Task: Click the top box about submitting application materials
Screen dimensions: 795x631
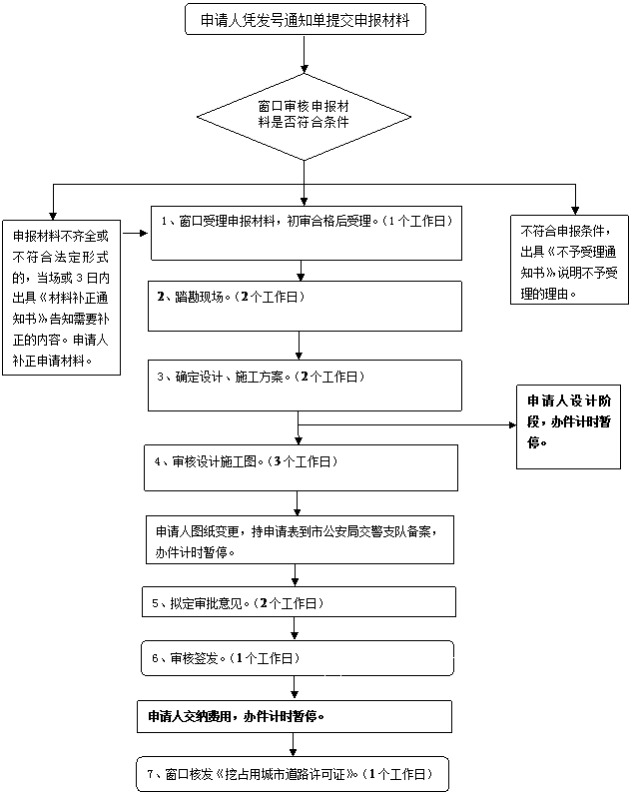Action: (x=305, y=19)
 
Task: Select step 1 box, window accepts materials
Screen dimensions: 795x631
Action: (x=306, y=232)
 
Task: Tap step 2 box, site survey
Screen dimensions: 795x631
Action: (x=305, y=305)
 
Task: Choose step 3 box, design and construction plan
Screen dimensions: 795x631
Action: (x=305, y=385)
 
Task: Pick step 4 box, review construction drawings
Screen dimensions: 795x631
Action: (x=301, y=467)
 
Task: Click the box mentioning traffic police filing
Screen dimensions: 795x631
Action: (x=296, y=539)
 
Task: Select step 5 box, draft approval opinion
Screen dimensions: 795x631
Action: (x=299, y=602)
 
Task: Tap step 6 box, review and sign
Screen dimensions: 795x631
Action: (x=297, y=658)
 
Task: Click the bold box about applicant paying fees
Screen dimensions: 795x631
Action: (x=295, y=716)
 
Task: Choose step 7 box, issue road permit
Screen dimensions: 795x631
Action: (x=291, y=774)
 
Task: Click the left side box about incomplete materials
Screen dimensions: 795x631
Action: (x=61, y=298)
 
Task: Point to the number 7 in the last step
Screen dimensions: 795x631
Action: (x=151, y=774)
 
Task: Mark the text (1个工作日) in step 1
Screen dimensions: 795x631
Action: (x=417, y=221)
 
